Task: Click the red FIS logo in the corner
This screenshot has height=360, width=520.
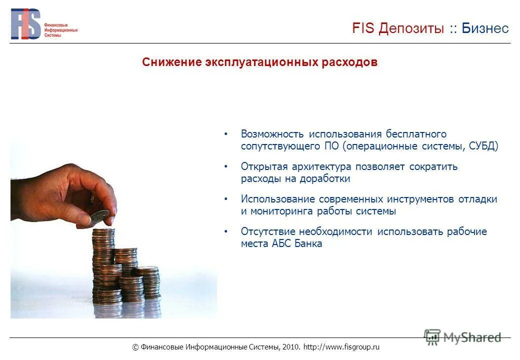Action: click(x=26, y=24)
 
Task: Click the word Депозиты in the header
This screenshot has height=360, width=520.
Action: click(x=411, y=28)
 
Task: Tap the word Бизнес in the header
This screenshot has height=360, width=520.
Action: click(x=485, y=28)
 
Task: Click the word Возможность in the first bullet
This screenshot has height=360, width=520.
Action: click(x=272, y=134)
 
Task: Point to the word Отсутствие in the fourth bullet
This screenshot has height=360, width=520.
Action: click(x=268, y=231)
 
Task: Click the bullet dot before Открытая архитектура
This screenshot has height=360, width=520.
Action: click(x=226, y=166)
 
